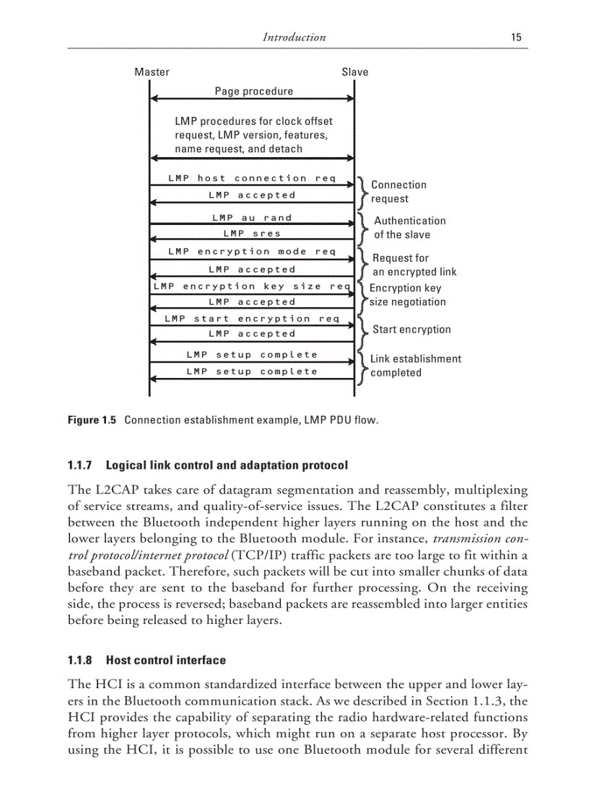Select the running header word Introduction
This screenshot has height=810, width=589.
pos(294,38)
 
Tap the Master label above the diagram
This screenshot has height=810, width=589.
pos(152,72)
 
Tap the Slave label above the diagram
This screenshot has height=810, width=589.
pos(354,72)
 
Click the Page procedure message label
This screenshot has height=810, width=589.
pos(254,92)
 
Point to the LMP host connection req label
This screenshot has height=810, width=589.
pos(252,178)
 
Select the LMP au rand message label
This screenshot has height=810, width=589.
pos(252,218)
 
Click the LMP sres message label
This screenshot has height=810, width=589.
pos(252,234)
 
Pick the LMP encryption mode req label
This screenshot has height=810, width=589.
pos(252,252)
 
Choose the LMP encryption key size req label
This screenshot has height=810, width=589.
pos(252,286)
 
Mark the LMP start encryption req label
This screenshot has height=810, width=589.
pos(252,319)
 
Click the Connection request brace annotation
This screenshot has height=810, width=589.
pos(398,192)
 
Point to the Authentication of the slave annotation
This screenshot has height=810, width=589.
pos(409,228)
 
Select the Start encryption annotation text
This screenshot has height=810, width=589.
pos(411,330)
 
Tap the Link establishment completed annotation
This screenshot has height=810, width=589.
pos(415,366)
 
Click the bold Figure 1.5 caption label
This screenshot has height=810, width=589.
pos(92,420)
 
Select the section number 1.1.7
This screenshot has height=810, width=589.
pos(82,465)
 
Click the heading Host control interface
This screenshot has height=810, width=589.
pos(165,660)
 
